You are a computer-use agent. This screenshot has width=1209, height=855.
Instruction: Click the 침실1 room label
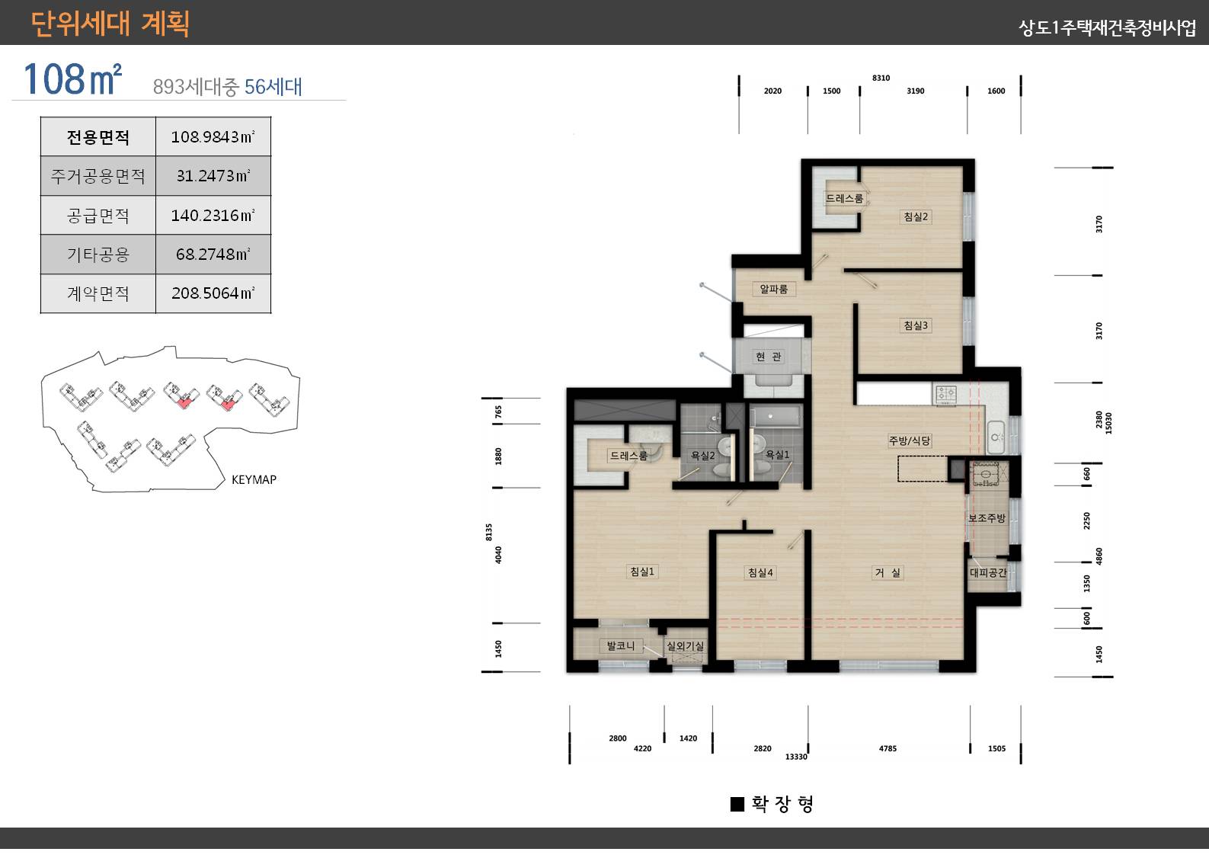pyautogui.click(x=641, y=571)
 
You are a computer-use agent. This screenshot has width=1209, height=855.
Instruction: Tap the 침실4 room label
pyautogui.click(x=760, y=572)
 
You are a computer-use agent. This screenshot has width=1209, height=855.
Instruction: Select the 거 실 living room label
pyautogui.click(x=888, y=572)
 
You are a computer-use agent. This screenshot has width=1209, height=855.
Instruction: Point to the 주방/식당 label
pyautogui.click(x=910, y=440)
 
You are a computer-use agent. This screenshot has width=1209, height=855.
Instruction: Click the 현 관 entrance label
pyautogui.click(x=769, y=357)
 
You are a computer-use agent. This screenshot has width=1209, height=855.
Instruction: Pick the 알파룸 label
pyautogui.click(x=773, y=289)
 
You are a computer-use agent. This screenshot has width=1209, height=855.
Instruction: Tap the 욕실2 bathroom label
pyautogui.click(x=702, y=456)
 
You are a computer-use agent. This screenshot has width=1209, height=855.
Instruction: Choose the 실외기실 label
pyautogui.click(x=685, y=645)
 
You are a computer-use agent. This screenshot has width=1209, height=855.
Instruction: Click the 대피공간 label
pyautogui.click(x=988, y=572)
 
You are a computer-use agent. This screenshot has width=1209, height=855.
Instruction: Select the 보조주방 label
pyautogui.click(x=987, y=518)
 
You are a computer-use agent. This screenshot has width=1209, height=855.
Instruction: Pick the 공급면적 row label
pyautogui.click(x=98, y=216)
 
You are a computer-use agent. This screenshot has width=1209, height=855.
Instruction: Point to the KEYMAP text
pyautogui.click(x=254, y=479)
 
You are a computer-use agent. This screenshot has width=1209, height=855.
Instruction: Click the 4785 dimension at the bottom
pyautogui.click(x=888, y=748)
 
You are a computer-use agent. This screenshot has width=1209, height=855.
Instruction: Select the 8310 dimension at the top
pyautogui.click(x=881, y=78)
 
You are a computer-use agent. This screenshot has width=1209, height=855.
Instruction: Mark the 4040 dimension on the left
pyautogui.click(x=498, y=555)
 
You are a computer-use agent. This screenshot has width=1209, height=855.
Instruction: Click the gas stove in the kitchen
pyautogui.click(x=945, y=393)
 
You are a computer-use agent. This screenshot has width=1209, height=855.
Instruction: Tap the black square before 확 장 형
pyautogui.click(x=737, y=804)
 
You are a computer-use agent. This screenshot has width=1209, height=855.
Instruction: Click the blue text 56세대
pyautogui.click(x=273, y=86)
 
